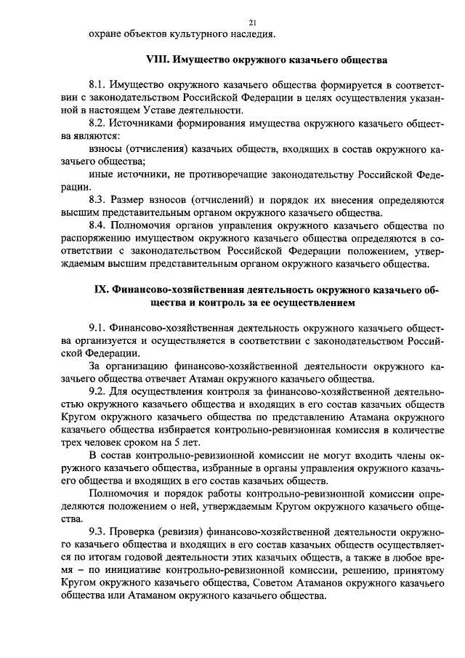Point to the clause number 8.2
pyautogui.click(x=97, y=124)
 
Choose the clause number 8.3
pyautogui.click(x=97, y=200)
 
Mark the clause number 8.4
pyautogui.click(x=97, y=226)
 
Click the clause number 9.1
pyautogui.click(x=97, y=326)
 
